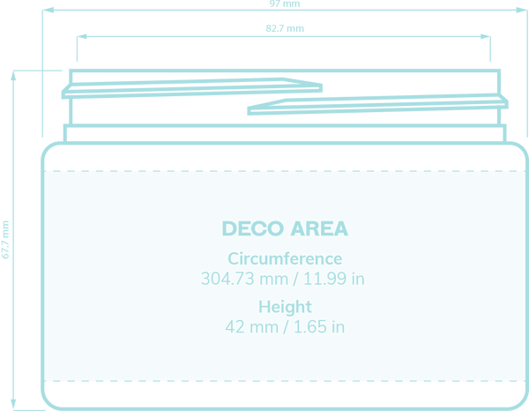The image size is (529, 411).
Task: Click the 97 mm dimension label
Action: click(285, 4)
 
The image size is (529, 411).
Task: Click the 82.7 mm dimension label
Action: click(285, 28)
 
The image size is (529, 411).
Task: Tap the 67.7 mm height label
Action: click(5, 240)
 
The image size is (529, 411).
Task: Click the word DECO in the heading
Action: click(253, 228)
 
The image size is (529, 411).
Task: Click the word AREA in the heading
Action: click(319, 228)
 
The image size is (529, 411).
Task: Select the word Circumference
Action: click(285, 258)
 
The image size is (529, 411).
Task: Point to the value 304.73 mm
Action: click(244, 279)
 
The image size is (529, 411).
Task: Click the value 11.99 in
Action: click(334, 279)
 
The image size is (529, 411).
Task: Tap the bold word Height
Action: click(285, 307)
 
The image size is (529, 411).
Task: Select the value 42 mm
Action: click(251, 326)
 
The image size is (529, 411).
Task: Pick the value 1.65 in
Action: click(319, 326)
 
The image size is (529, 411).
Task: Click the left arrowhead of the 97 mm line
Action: click(48, 10)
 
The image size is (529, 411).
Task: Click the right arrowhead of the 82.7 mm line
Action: click(486, 36)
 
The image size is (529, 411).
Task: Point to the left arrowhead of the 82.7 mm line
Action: click(82, 36)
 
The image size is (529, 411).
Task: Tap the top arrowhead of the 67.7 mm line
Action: click(13, 76)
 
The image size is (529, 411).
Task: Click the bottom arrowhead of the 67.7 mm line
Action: click(13, 405)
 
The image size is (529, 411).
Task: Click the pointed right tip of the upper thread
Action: click(321, 87)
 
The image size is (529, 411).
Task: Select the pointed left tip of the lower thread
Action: click(249, 110)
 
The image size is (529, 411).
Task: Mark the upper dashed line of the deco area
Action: click(285, 171)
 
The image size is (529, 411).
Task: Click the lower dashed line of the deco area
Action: click(285, 381)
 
